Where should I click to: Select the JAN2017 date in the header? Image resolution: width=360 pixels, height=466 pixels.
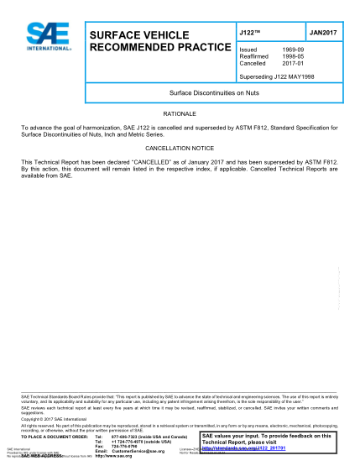click(321, 32)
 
